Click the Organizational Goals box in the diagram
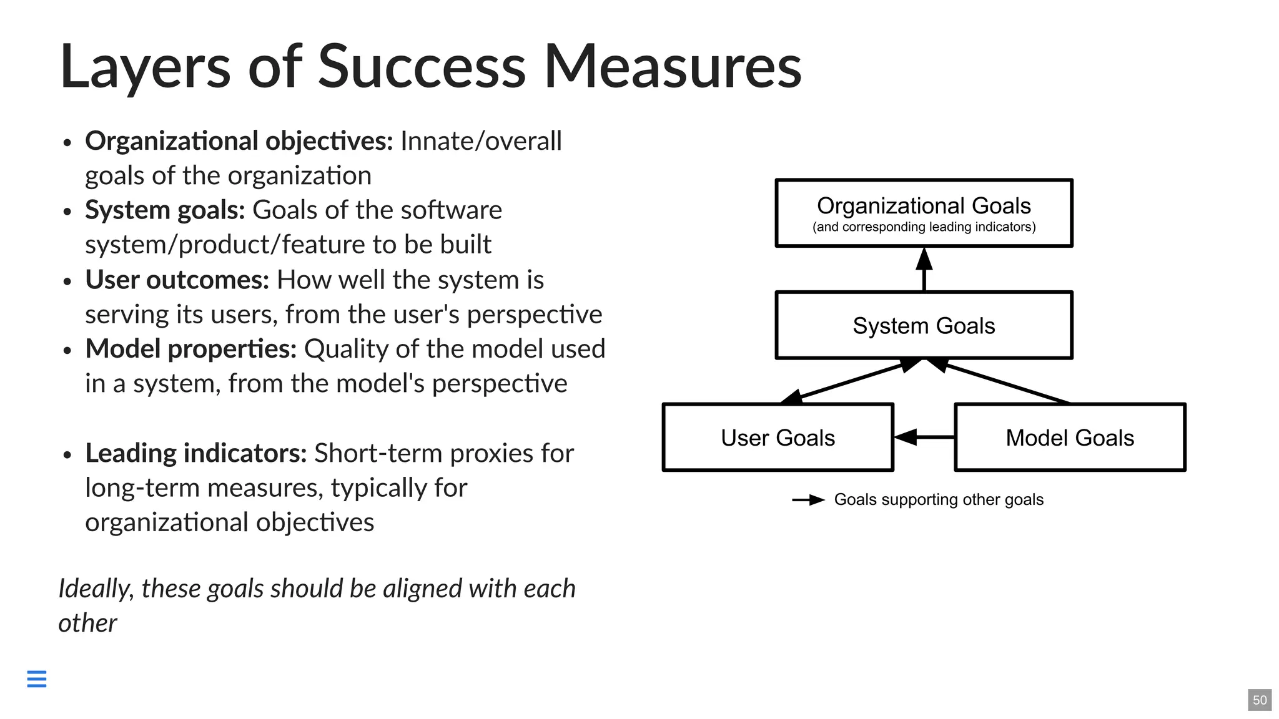point(924,206)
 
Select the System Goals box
point(924,325)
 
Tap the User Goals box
point(778,438)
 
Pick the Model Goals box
point(1070,438)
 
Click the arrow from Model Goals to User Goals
point(924,437)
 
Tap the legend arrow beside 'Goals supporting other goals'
point(808,500)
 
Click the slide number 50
point(1260,700)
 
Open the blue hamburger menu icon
point(37,678)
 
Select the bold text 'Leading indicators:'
point(195,453)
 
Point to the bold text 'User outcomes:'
point(177,280)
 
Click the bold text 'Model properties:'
point(190,349)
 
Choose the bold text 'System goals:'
point(165,210)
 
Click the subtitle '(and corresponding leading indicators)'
point(924,227)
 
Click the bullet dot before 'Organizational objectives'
point(67,143)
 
